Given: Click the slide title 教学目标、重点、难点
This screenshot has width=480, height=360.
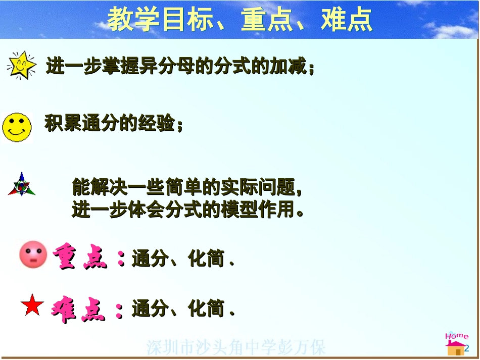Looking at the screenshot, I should point(240,20).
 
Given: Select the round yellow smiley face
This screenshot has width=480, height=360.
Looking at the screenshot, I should point(17,127).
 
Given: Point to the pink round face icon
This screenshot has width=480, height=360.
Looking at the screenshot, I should point(33,254).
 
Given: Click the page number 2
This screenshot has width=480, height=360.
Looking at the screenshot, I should point(467,348).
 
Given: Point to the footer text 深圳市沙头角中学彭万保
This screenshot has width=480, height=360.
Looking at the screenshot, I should point(236,347).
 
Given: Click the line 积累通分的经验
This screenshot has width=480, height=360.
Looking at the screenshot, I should point(113,123).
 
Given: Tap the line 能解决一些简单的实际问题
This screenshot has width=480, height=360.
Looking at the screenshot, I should point(187,187).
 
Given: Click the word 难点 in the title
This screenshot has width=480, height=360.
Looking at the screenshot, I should point(347,20).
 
